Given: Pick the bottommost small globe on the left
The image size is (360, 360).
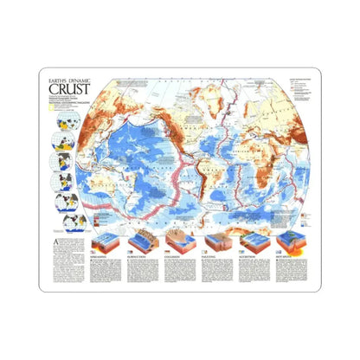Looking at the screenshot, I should pos(66,199).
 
